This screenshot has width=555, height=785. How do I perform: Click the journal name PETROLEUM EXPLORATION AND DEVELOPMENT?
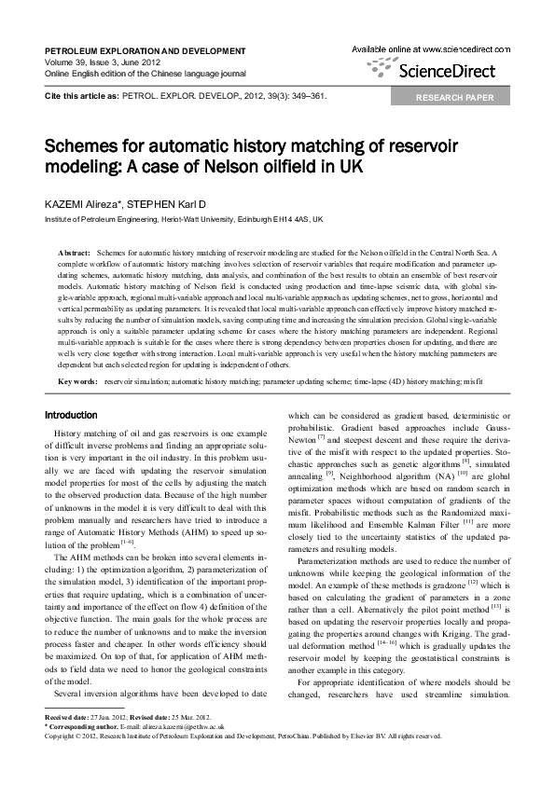click(x=146, y=50)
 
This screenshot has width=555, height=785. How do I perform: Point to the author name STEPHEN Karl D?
click(x=167, y=203)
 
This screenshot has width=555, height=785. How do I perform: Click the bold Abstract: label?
click(x=74, y=253)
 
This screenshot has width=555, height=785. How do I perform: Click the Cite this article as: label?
click(x=82, y=95)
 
